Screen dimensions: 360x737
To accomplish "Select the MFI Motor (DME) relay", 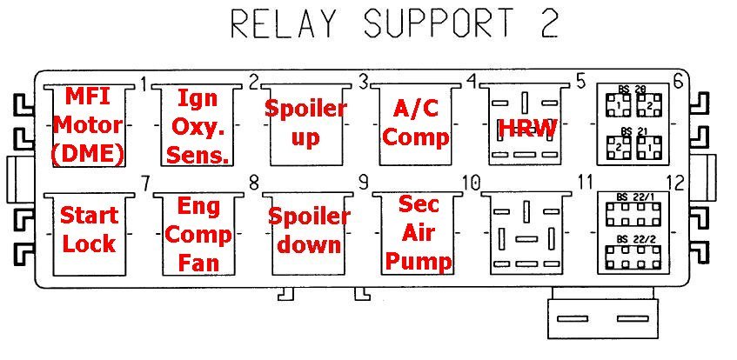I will click(x=87, y=124).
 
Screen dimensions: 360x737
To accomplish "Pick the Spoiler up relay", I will click(x=305, y=123).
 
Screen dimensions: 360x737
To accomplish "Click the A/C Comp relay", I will click(x=415, y=123).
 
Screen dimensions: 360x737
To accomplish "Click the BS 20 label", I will click(x=632, y=90).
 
